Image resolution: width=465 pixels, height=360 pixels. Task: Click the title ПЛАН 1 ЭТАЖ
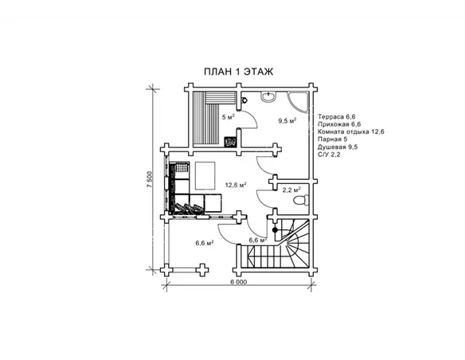[x=238, y=72]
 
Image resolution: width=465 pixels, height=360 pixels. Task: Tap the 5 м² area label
[x=229, y=117]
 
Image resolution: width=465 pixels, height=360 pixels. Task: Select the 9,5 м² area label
[x=287, y=120]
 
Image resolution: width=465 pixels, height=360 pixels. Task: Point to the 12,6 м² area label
[x=236, y=185]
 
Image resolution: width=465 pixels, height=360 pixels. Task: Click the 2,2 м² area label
[x=291, y=190]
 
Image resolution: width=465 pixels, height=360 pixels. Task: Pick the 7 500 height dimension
[x=150, y=179]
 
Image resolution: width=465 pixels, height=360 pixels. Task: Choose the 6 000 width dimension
[x=238, y=282]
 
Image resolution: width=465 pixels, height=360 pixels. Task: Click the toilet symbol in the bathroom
[x=300, y=201]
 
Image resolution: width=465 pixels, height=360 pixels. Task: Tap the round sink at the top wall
[x=268, y=96]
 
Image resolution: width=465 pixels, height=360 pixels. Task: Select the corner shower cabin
[x=298, y=102]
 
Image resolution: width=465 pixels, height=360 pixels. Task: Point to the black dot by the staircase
[x=275, y=230]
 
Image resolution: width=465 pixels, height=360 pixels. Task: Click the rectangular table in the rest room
[x=205, y=175]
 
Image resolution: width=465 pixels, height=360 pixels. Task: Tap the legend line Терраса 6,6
[x=336, y=116]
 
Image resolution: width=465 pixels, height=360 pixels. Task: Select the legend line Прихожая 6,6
[x=339, y=124]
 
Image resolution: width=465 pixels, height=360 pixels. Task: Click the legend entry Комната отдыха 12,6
[x=351, y=131]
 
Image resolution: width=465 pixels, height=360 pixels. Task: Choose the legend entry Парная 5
[x=333, y=139]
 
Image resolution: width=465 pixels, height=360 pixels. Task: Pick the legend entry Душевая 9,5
[x=338, y=147]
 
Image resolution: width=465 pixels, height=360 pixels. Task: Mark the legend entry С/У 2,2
[x=329, y=155]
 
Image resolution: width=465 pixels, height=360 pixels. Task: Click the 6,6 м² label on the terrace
[x=205, y=243]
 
